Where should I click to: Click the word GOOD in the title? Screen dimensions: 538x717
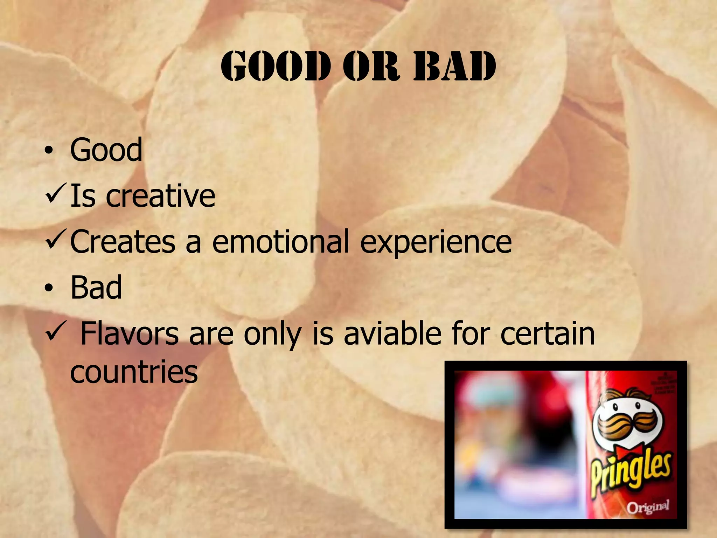click(x=276, y=67)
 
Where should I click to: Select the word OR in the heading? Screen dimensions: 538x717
click(x=371, y=67)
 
